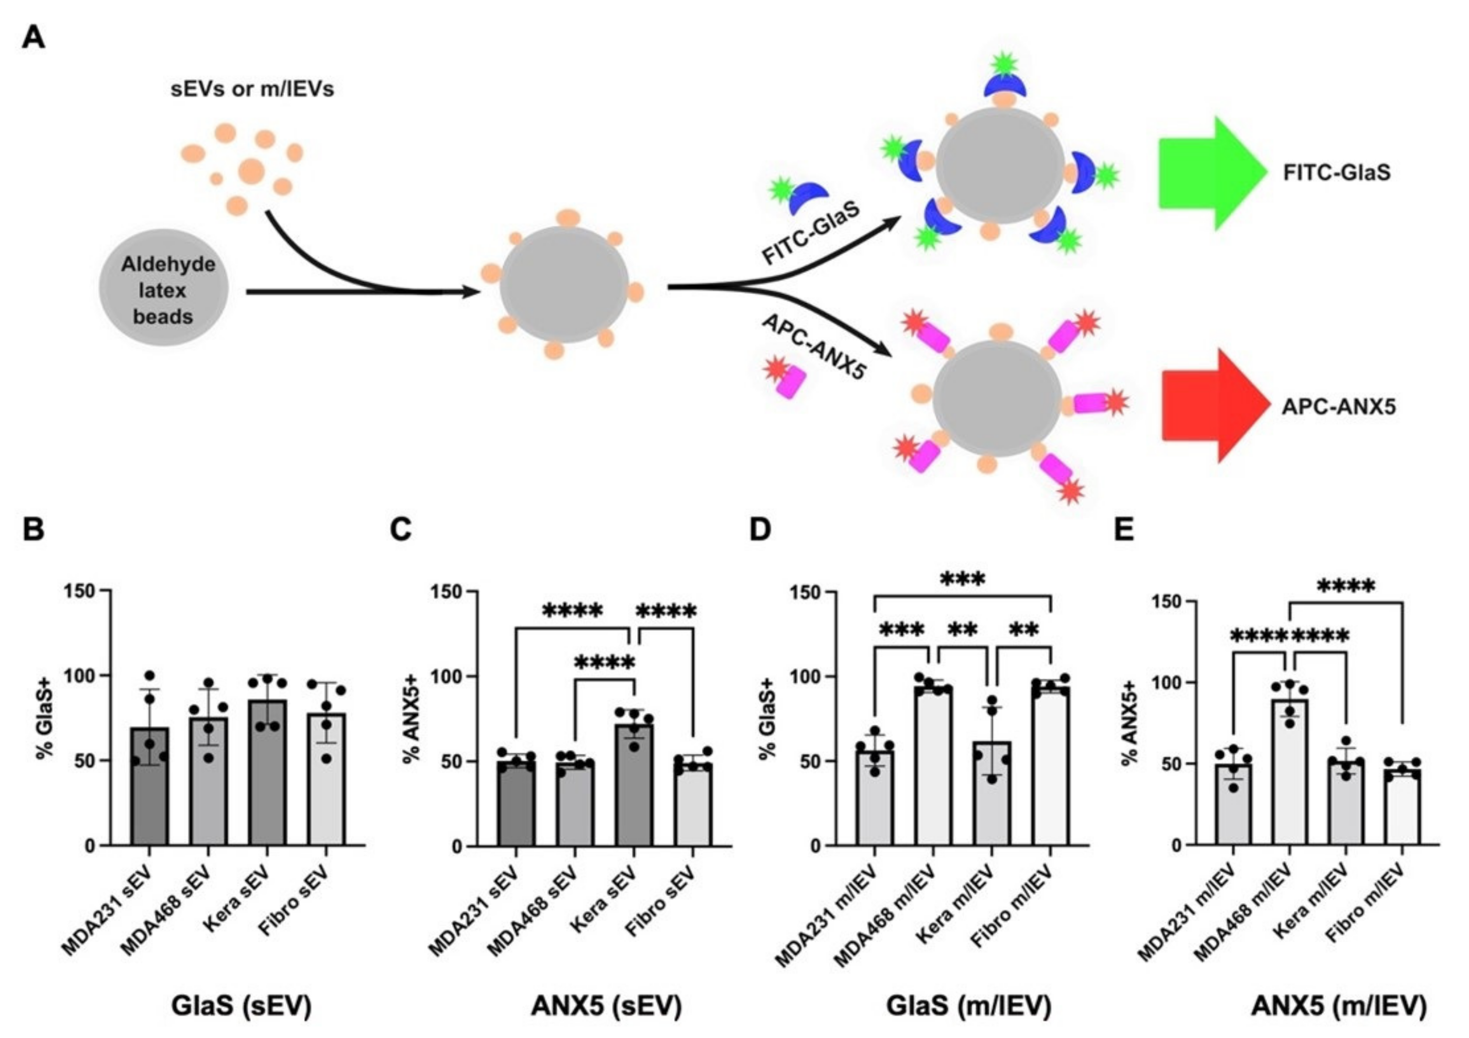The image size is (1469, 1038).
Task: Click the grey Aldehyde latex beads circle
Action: pyautogui.click(x=164, y=291)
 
